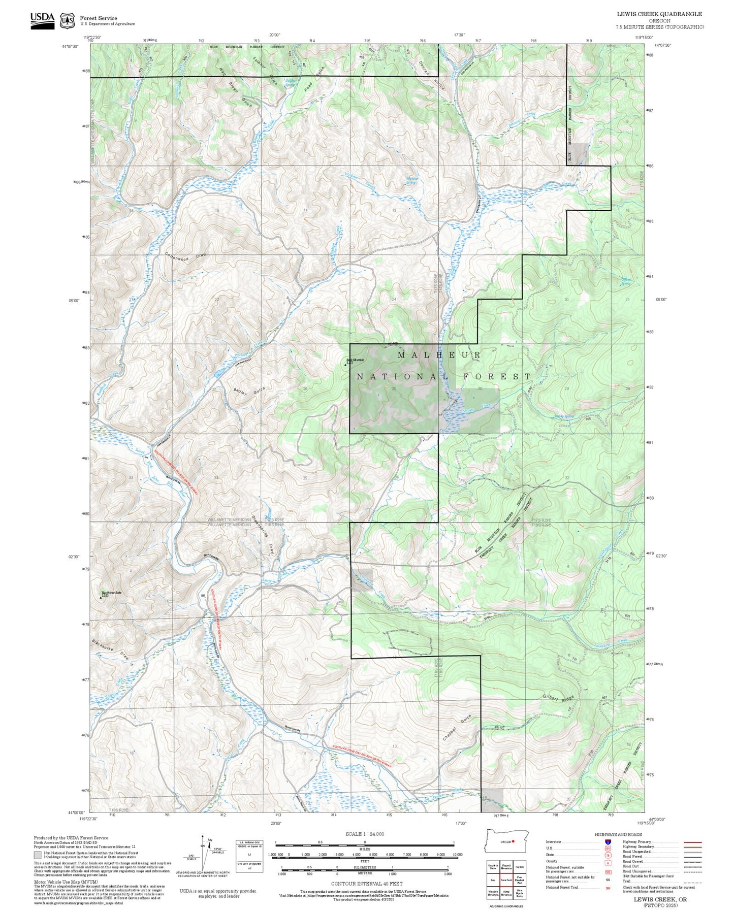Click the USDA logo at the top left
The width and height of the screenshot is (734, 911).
pos(42,20)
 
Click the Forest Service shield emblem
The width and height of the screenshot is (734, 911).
pos(67,21)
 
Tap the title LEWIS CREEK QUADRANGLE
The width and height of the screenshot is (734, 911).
pos(659,14)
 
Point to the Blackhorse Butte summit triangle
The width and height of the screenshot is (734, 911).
pos(101,598)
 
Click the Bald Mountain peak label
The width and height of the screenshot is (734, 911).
pos(356,361)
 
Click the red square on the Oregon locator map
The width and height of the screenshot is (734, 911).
pos(514,841)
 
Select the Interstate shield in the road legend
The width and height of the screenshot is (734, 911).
pos(608,842)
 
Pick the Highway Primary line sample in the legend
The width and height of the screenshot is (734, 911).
pos(693,842)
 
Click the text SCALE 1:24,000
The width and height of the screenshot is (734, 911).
pos(364,834)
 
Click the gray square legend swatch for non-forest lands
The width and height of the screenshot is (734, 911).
pos(37,855)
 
